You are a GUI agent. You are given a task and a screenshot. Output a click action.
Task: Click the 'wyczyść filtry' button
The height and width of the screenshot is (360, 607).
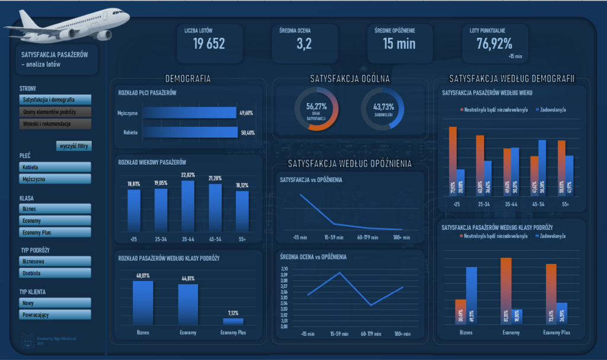pyautogui.click(x=74, y=146)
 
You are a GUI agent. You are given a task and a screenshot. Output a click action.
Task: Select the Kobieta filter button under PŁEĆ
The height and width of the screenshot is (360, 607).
pyautogui.click(x=55, y=167)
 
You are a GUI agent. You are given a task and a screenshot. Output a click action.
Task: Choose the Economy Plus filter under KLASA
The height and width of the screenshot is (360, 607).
pyautogui.click(x=55, y=232)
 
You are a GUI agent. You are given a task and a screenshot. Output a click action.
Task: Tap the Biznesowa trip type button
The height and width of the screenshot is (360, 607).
pyautogui.click(x=55, y=261)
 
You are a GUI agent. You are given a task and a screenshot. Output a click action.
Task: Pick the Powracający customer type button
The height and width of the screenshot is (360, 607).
pyautogui.click(x=55, y=314)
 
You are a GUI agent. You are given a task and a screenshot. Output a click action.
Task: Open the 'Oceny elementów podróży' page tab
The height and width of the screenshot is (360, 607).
pyautogui.click(x=55, y=111)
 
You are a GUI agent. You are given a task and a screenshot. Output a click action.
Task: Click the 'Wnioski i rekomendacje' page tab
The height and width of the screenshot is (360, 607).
pyautogui.click(x=55, y=123)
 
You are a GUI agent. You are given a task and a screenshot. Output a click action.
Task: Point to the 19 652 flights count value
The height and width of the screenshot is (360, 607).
pyautogui.click(x=209, y=43)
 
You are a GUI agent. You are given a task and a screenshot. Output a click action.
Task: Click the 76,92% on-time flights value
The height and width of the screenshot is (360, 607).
pyautogui.click(x=494, y=43)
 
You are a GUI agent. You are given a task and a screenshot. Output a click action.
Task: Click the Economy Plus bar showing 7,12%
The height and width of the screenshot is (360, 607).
pyautogui.click(x=233, y=321)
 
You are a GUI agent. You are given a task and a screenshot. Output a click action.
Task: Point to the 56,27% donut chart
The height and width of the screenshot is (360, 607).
pyautogui.click(x=317, y=109)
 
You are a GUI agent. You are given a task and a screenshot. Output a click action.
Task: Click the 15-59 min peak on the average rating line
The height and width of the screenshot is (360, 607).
pyautogui.click(x=340, y=273)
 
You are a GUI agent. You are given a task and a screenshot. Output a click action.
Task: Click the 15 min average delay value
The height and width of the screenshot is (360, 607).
pyautogui.click(x=399, y=43)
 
